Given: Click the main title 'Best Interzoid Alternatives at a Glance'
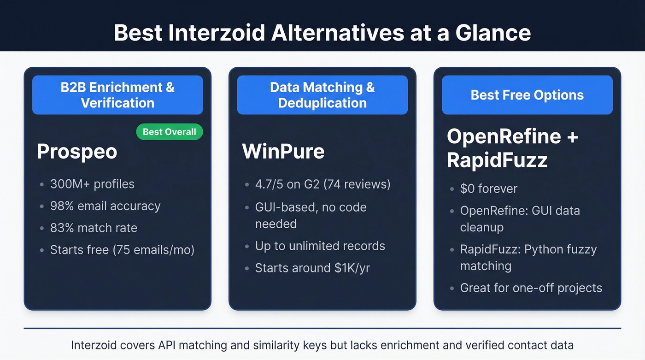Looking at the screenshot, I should [322, 33].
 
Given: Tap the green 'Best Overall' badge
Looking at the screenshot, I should [169, 132].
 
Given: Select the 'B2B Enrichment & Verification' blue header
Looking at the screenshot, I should [117, 95].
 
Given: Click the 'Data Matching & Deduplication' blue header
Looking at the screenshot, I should [322, 95].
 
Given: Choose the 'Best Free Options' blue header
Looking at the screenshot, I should [527, 95].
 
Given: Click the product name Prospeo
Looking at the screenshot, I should [77, 152].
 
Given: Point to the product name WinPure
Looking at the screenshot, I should [283, 152].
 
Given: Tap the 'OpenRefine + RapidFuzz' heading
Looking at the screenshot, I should [511, 148].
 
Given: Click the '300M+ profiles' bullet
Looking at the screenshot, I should [92, 184].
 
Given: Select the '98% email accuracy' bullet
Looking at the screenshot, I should [105, 206].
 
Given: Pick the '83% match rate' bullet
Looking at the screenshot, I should [94, 228].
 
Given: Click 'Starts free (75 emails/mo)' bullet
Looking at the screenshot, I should [122, 250].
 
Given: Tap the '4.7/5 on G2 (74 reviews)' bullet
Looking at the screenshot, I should [322, 184].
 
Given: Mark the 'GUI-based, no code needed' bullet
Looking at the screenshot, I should [311, 215].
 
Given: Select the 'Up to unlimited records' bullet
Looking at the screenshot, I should [320, 246].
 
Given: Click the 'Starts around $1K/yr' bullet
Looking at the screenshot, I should [312, 268].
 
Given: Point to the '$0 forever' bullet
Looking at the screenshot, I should [488, 189].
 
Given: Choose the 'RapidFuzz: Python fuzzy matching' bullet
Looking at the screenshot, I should [528, 258].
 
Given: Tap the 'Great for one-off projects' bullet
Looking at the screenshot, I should [531, 288].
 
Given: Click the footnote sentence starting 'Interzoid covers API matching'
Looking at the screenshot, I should [322, 345].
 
